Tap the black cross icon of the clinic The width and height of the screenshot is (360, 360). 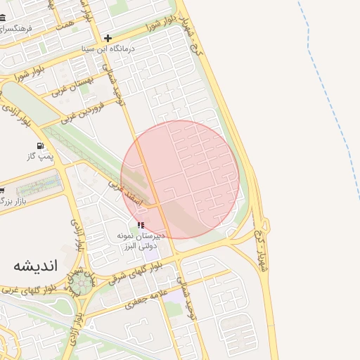coord(108,38)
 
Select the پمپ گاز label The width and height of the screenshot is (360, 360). coord(41,157)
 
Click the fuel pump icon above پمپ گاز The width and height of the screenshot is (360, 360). coord(40,147)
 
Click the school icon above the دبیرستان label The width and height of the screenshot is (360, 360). coord(141,226)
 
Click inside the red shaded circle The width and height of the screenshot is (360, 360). coord(180,179)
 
